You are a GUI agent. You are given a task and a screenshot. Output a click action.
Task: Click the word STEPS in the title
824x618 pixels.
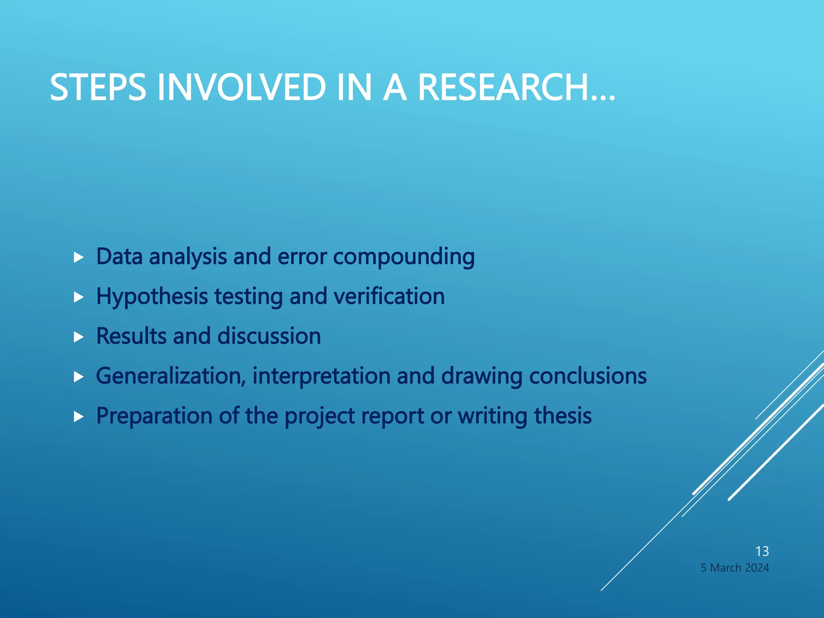[98, 87]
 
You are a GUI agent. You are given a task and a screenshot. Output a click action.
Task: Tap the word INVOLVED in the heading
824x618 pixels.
[241, 87]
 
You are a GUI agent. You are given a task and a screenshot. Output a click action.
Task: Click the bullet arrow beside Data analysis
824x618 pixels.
[79, 257]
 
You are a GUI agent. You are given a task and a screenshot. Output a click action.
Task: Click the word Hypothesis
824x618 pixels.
[152, 297]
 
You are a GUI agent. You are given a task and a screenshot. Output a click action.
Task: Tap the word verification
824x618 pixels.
[389, 297]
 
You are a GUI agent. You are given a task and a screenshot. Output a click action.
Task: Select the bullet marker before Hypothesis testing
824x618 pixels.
[79, 297]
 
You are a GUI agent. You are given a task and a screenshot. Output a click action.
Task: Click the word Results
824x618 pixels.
[131, 336]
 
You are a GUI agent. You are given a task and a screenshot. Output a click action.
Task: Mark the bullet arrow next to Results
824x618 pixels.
[79, 337]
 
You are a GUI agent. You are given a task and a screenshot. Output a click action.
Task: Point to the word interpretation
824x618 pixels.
[321, 376]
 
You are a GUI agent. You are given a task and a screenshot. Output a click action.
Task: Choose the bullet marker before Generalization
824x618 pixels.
[79, 377]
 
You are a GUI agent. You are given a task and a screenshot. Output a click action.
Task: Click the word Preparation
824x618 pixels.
[154, 416]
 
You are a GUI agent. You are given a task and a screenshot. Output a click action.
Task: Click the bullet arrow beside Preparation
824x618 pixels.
[79, 417]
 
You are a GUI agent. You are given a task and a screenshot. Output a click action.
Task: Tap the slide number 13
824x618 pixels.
[762, 551]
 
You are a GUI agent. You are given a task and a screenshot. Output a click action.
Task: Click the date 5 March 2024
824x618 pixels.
[735, 568]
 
